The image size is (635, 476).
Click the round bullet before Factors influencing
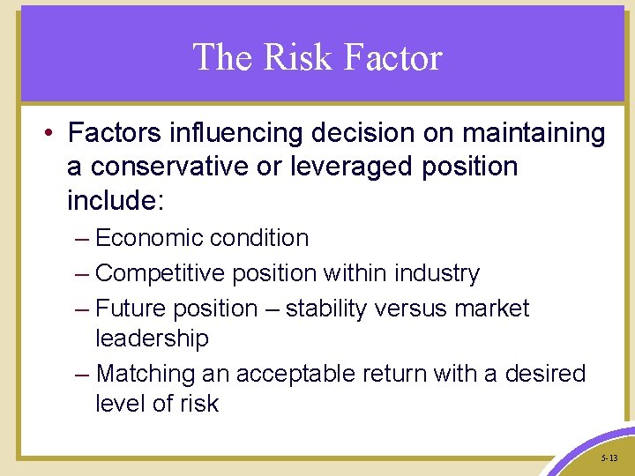(49, 134)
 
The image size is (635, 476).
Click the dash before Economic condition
(83, 239)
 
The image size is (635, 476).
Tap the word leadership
(152, 338)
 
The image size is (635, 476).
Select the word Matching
(146, 374)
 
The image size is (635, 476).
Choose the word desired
(545, 374)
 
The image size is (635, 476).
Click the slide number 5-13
(609, 459)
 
